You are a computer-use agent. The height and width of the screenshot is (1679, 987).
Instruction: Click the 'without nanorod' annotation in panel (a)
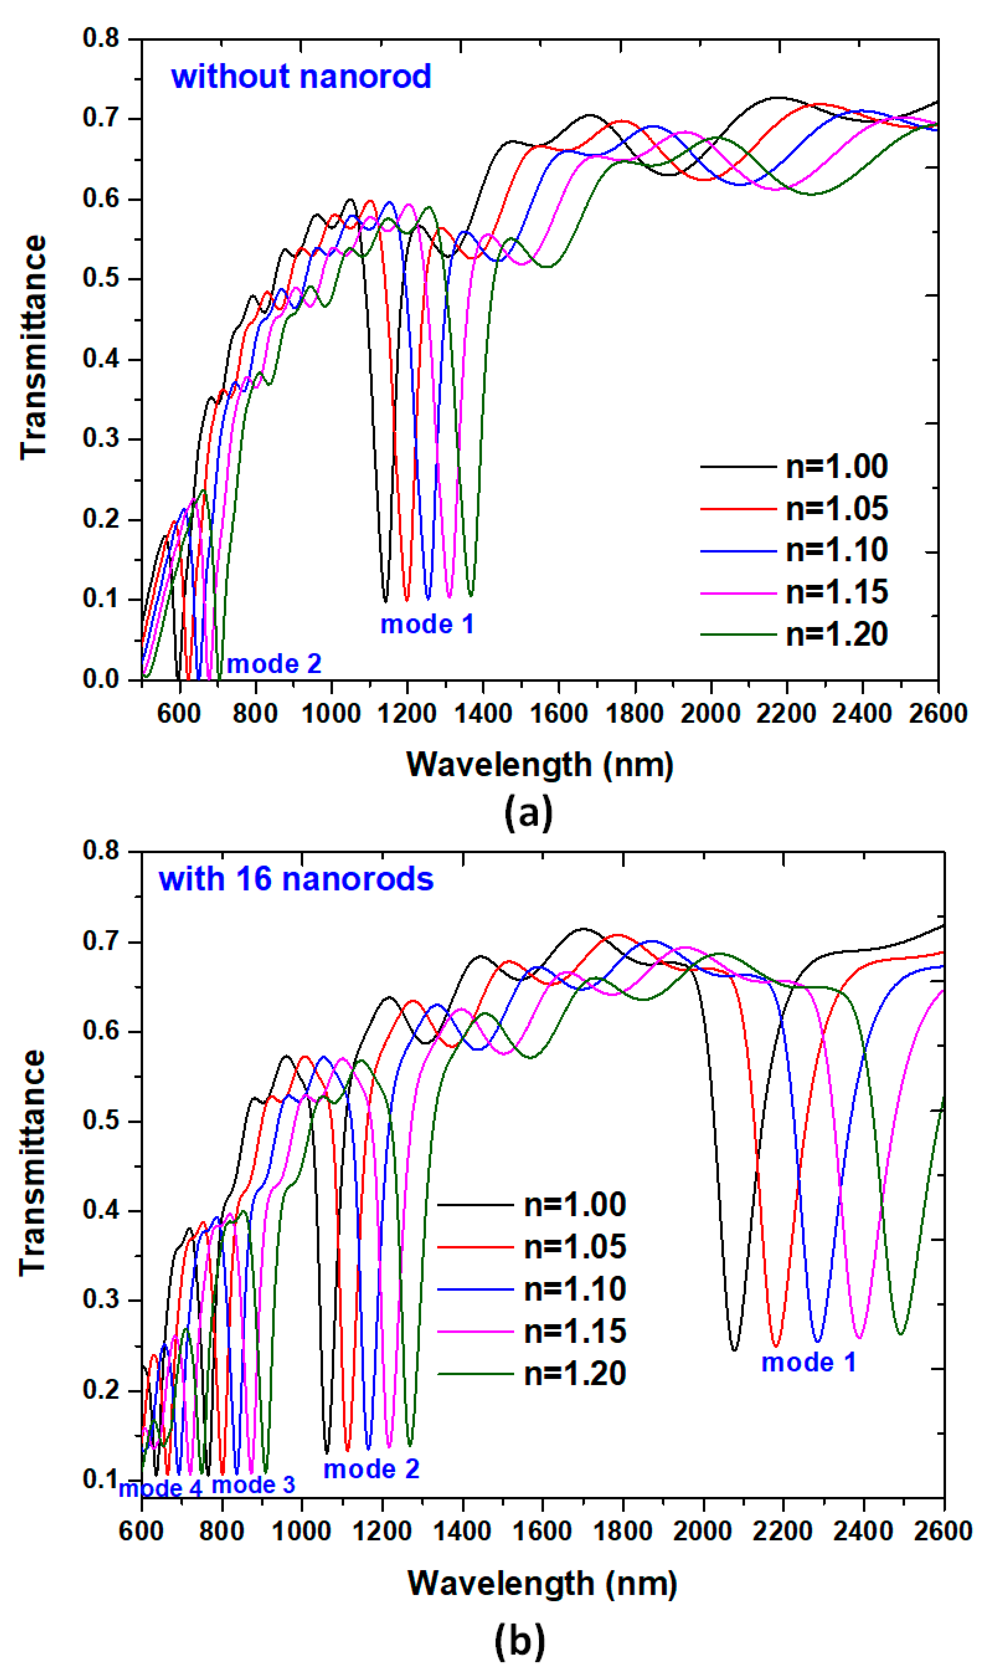click(x=301, y=77)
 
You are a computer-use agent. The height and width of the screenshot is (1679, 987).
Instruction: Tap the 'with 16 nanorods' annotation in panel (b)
click(x=296, y=880)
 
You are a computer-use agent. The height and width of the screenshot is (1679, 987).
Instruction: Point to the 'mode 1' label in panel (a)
click(x=427, y=624)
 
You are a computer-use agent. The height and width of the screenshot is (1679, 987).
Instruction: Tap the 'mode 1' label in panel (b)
click(x=809, y=1363)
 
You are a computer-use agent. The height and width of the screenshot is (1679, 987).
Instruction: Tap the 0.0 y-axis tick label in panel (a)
click(x=100, y=680)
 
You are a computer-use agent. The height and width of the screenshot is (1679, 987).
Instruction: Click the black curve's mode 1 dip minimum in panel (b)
click(x=734, y=1350)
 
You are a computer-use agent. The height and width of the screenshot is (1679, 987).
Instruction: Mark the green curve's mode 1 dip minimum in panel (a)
click(x=471, y=595)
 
